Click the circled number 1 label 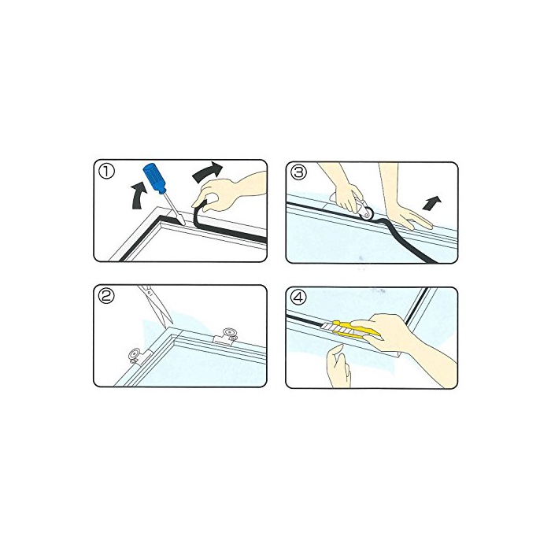(106, 172)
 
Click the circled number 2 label (106, 297)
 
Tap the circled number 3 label (299, 172)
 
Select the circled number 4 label (298, 298)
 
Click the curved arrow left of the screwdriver (139, 195)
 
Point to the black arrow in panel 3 (431, 203)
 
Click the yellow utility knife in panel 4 (351, 329)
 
